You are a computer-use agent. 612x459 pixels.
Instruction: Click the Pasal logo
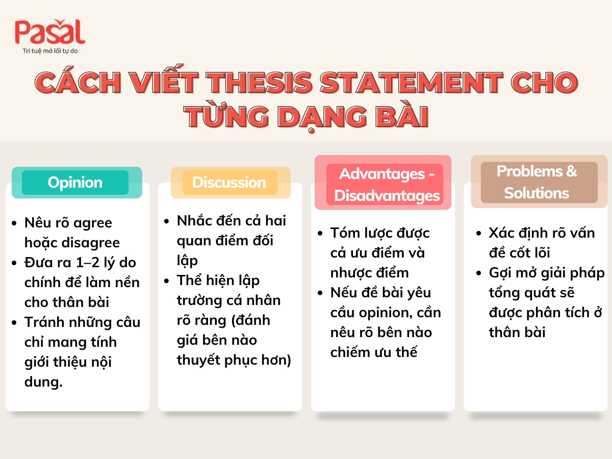point(49,32)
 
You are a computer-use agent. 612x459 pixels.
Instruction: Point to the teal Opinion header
point(75,183)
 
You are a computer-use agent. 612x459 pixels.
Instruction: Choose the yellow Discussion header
point(229,183)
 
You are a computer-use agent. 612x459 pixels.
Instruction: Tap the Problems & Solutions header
point(537,182)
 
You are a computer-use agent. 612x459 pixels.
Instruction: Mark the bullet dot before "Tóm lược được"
point(320,234)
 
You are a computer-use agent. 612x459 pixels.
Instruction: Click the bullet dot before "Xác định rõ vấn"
point(478,234)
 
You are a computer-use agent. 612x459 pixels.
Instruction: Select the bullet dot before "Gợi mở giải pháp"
point(478,273)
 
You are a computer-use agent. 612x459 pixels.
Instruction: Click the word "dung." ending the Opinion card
point(43,382)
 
